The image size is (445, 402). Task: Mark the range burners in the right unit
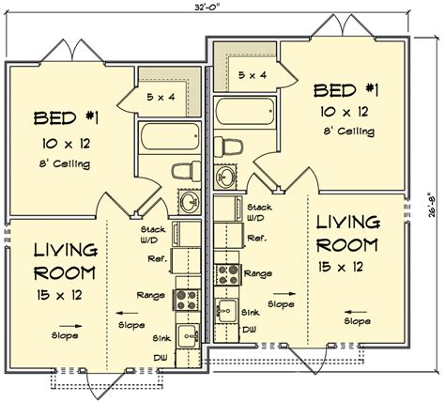(x=226, y=273)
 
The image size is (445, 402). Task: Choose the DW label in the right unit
(x=249, y=331)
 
